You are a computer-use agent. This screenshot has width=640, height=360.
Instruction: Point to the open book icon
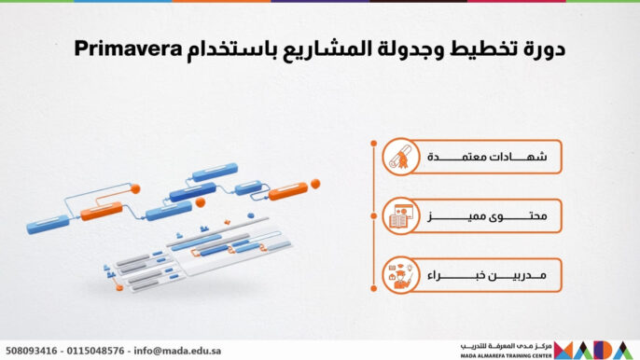[401, 217]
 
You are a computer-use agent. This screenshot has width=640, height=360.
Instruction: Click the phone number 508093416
[32, 351]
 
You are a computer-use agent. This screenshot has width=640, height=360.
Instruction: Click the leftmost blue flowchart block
[49, 223]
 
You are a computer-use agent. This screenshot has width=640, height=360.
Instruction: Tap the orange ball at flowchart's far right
[316, 184]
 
